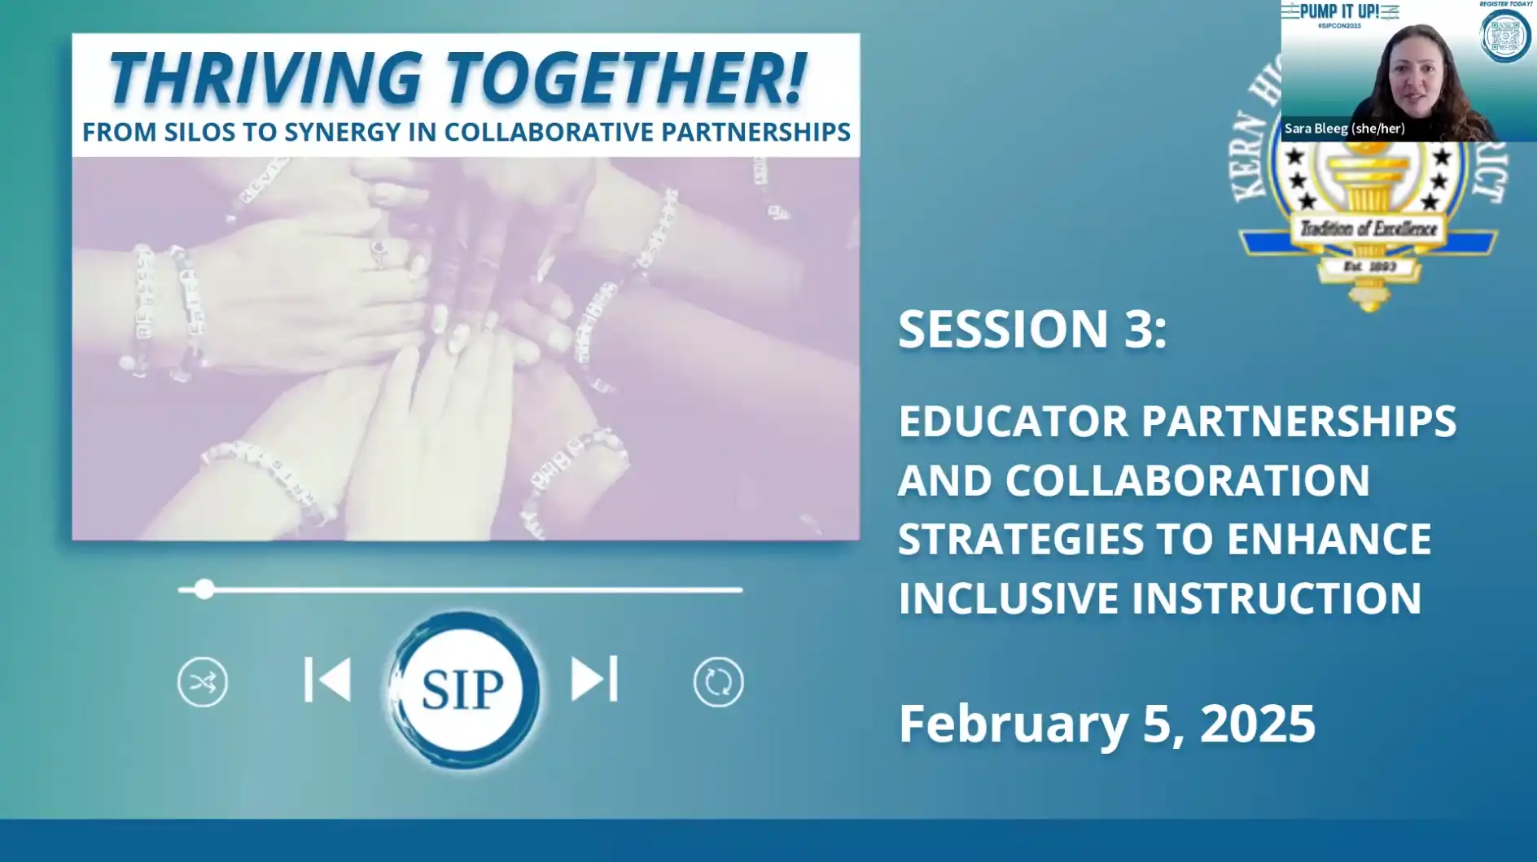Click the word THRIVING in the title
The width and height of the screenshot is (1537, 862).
(265, 79)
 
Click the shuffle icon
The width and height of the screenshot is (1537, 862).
(203, 682)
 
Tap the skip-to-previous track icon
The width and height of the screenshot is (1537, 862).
(327, 680)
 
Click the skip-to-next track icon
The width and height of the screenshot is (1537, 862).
(594, 680)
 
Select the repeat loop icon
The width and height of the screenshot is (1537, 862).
(718, 682)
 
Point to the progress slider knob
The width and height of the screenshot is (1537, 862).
(204, 589)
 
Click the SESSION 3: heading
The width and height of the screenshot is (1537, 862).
(1032, 329)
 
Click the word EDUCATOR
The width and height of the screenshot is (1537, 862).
(1014, 422)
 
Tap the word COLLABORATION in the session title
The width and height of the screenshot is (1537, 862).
(1187, 480)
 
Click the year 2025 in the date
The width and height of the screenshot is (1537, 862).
(1257, 724)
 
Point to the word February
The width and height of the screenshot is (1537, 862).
(1014, 724)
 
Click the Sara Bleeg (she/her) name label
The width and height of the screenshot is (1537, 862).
(1344, 129)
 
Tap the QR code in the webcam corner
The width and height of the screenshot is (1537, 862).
(1504, 37)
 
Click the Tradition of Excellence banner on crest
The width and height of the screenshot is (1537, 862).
(1368, 229)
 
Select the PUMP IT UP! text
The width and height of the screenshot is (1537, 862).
(1339, 11)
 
